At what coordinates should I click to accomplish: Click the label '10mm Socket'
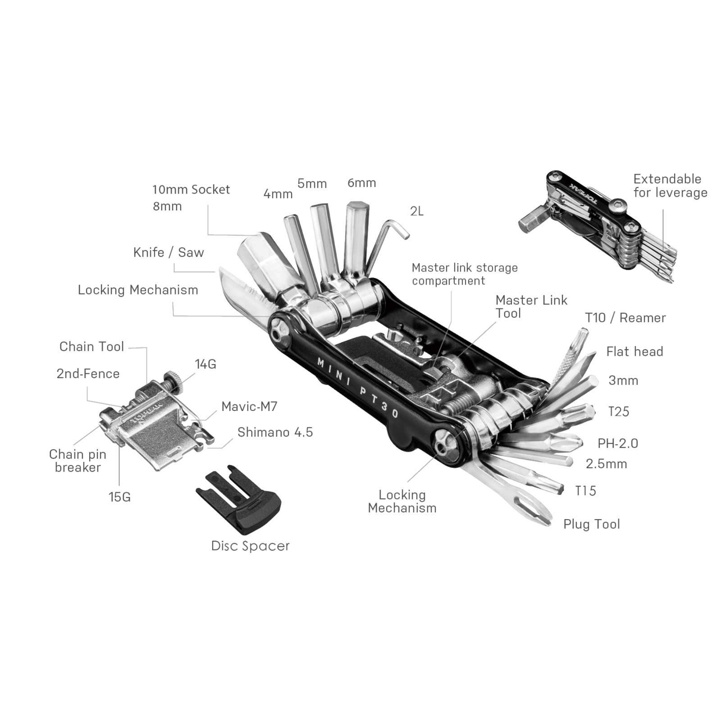[191, 189]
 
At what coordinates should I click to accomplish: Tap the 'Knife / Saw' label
[168, 252]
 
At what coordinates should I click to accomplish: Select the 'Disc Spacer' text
[250, 546]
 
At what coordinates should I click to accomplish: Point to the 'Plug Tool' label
[591, 524]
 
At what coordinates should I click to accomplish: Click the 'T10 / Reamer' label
[625, 318]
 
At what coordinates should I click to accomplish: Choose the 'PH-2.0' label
[617, 443]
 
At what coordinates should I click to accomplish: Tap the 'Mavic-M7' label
[249, 407]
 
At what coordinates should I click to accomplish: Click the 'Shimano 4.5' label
[275, 432]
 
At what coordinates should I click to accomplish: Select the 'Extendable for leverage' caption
[670, 186]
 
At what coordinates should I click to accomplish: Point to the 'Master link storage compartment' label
[464, 274]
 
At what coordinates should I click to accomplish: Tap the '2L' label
[417, 211]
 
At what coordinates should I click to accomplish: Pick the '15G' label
[119, 497]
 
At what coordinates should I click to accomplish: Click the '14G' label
[205, 365]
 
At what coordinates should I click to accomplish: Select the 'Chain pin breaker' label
[77, 461]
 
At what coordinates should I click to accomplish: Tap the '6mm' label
[362, 183]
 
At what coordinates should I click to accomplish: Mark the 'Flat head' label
[634, 352]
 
